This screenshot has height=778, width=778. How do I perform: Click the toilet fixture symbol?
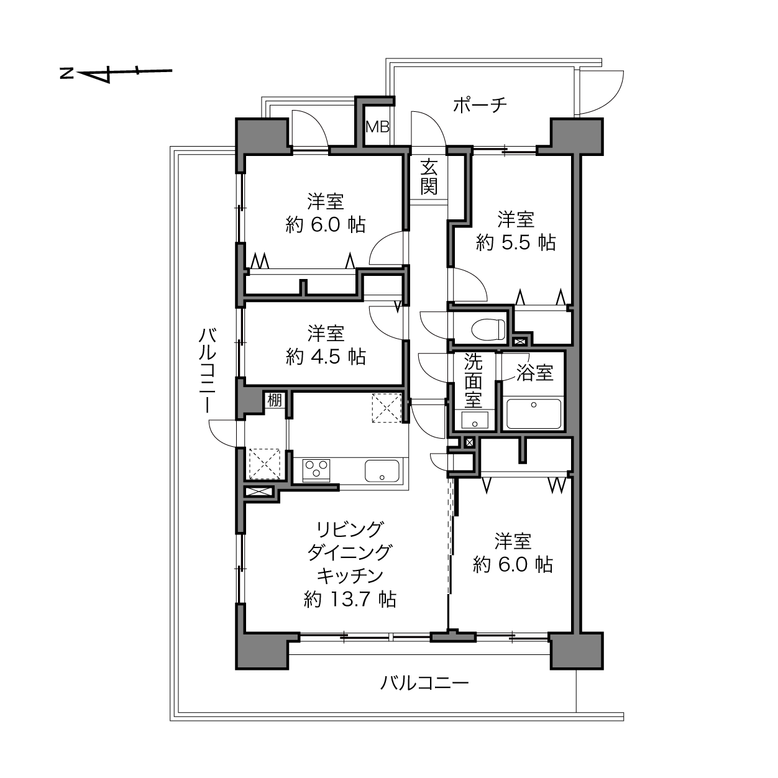tap(488, 329)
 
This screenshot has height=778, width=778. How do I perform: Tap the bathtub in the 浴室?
tap(533, 413)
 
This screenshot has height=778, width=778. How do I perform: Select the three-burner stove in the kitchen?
tap(316, 470)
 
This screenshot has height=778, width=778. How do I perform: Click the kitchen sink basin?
tap(382, 470)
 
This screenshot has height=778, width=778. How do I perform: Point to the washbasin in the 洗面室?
tap(475, 420)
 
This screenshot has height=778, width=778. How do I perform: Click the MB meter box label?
tap(377, 127)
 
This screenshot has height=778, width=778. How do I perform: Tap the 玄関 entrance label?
tap(429, 177)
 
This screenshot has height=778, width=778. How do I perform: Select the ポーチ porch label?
tap(480, 106)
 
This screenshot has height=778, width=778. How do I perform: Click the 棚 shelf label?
tap(275, 401)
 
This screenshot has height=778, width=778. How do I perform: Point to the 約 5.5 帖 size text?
tap(516, 242)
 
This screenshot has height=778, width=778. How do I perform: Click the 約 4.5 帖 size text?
tap(326, 357)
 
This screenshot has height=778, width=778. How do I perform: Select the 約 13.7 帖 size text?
tap(350, 600)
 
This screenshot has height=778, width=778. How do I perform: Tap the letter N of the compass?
tap(67, 73)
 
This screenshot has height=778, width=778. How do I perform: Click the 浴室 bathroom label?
tap(534, 372)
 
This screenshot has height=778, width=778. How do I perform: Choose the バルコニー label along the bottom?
tap(424, 683)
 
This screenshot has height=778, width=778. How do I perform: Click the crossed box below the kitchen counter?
tap(259, 492)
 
